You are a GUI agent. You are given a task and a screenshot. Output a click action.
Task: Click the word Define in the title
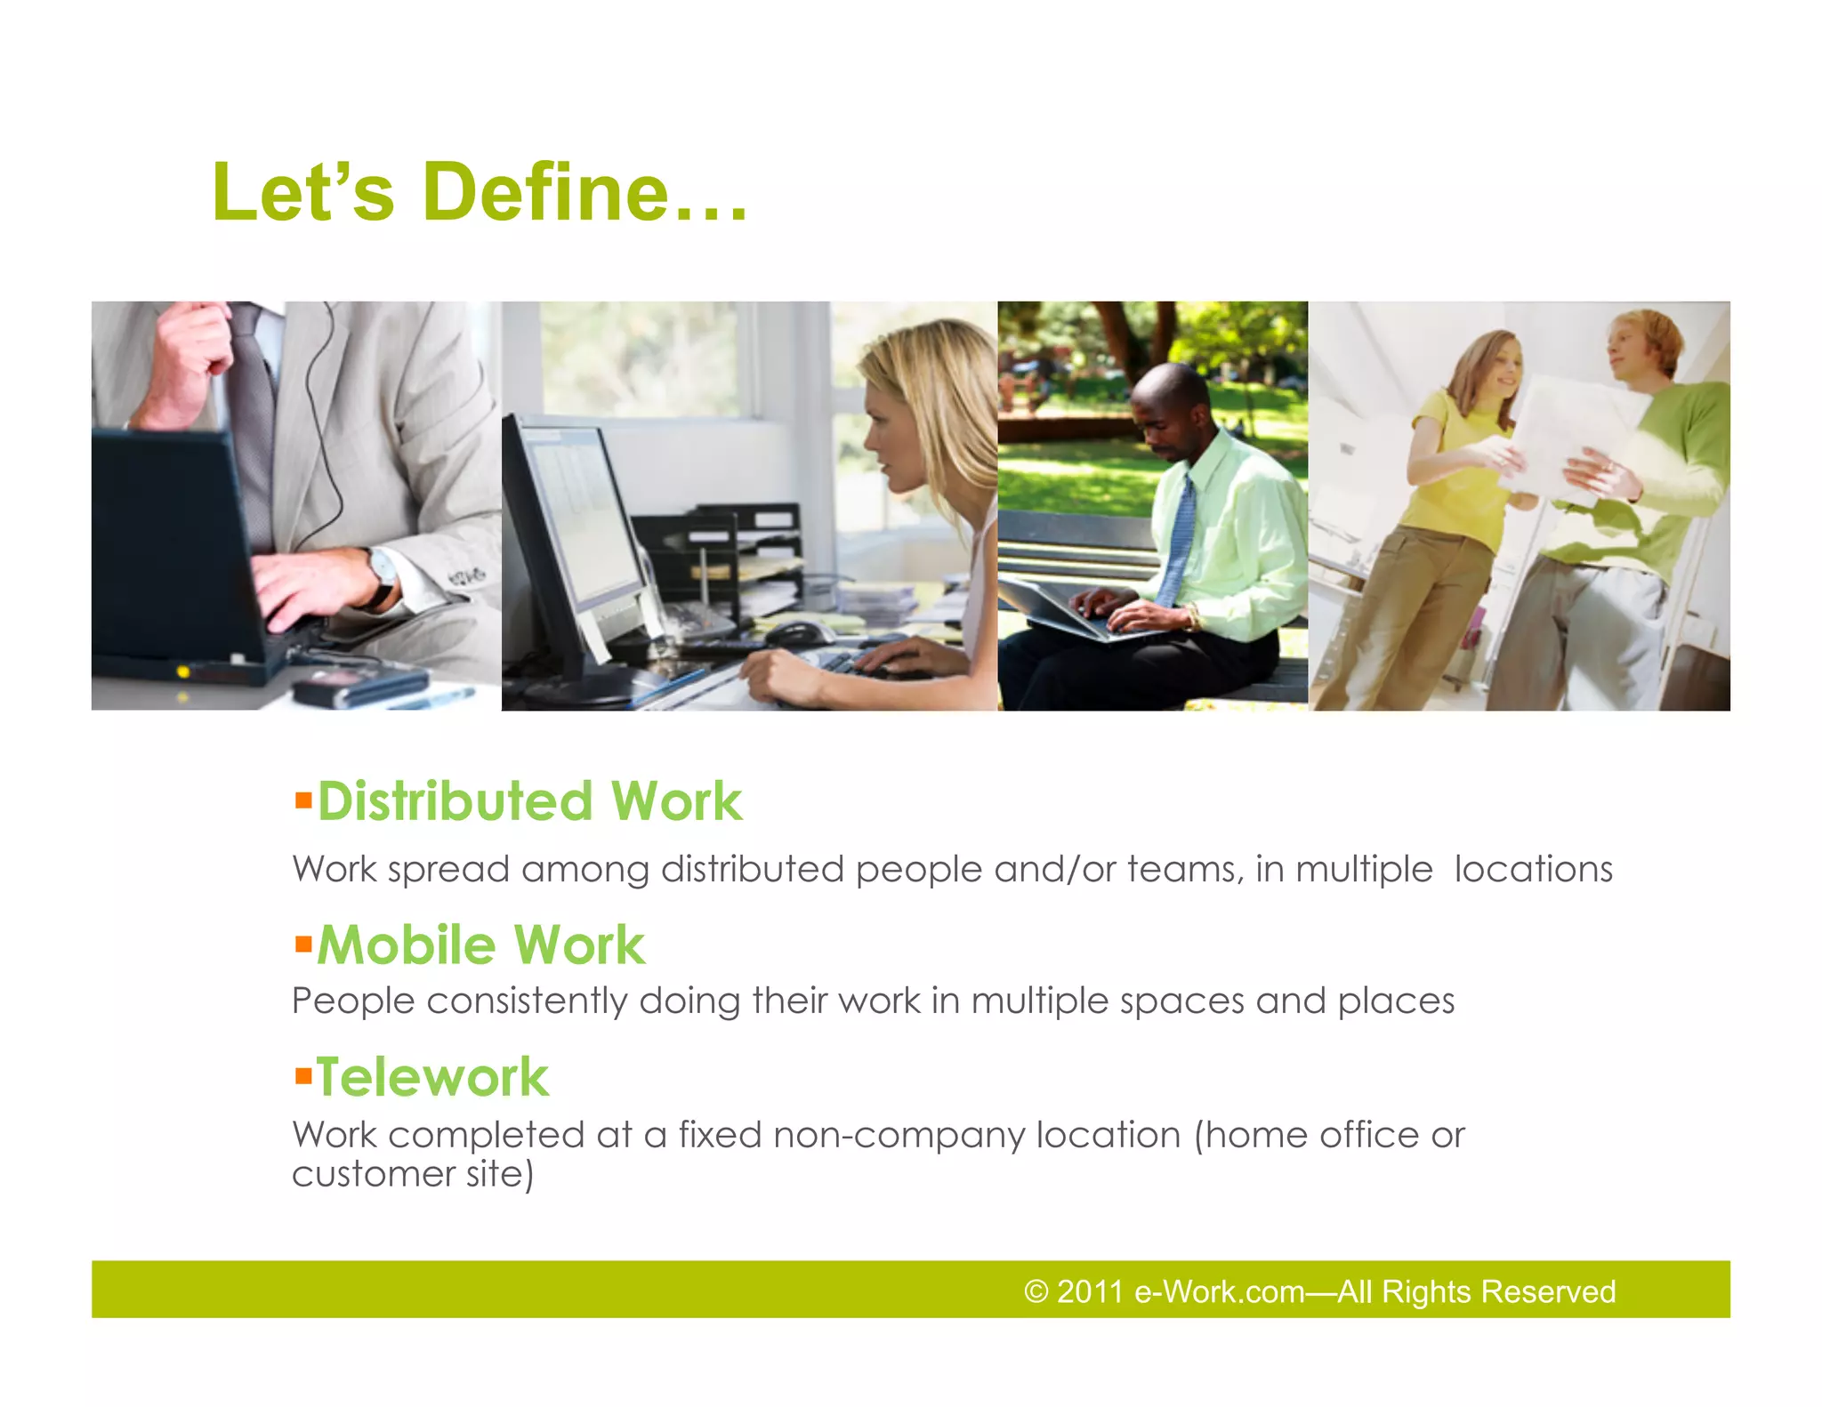coord(544,192)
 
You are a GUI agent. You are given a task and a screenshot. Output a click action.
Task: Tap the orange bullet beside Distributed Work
coord(303,800)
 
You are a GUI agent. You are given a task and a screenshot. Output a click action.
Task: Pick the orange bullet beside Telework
coord(303,1075)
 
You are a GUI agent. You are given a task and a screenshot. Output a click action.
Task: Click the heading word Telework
coord(433,1077)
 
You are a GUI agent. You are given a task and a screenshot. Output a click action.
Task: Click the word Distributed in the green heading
coord(455,801)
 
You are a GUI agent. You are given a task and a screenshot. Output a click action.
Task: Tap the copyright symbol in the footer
coord(1036,1291)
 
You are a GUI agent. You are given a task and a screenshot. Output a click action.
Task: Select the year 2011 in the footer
coord(1091,1291)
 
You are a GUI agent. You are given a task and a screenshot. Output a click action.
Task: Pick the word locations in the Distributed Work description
coord(1533,869)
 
